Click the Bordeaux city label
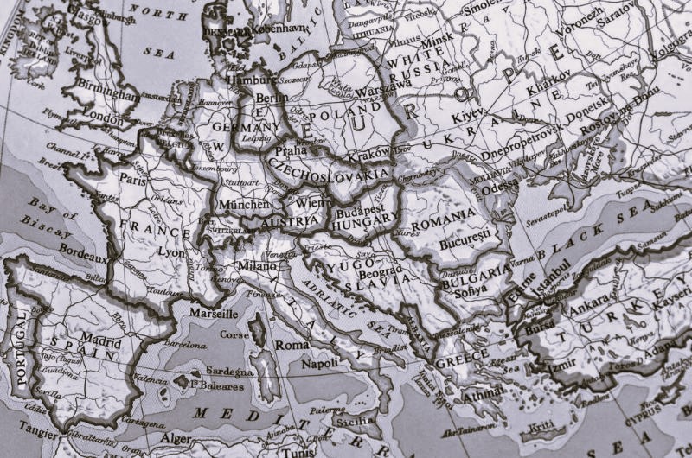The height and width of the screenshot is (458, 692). pyautogui.click(x=84, y=258)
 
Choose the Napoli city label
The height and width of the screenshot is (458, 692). pyautogui.click(x=319, y=364)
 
